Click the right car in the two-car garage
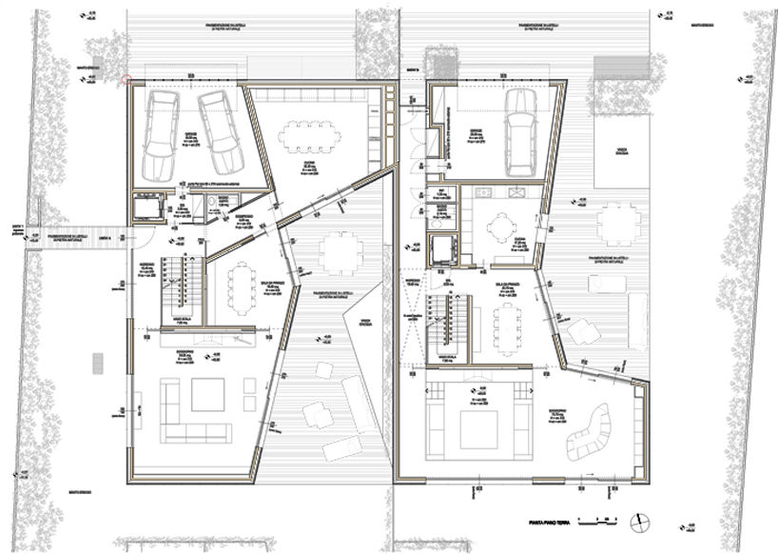click(219, 131)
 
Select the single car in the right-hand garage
click(521, 131)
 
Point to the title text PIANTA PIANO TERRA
click(551, 521)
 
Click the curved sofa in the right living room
click(588, 432)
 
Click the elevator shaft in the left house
click(149, 208)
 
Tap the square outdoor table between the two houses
click(340, 253)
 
